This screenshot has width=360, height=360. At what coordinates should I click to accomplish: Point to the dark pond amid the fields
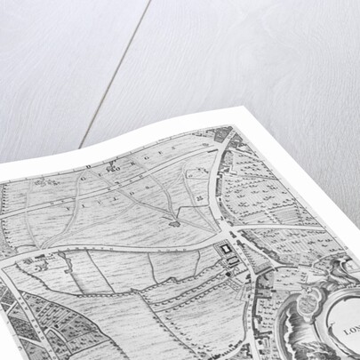(175, 223)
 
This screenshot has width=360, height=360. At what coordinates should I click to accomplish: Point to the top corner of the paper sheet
(236, 107)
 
